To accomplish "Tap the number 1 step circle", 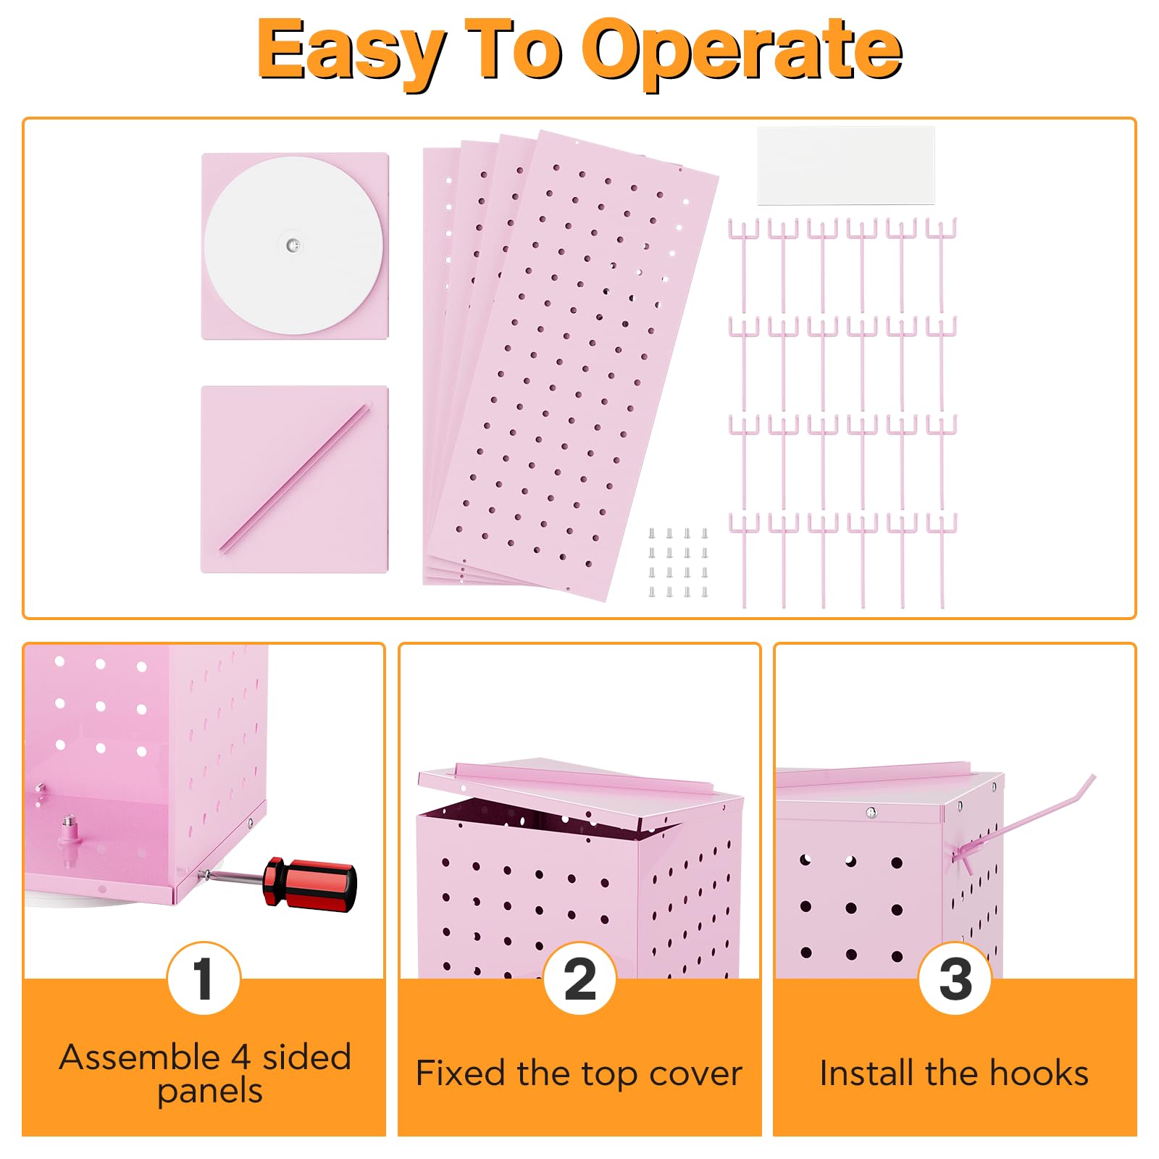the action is point(204,979).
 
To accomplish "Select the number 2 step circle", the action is point(579,979).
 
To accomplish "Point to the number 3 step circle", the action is point(955,979).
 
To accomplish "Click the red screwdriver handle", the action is point(310,884).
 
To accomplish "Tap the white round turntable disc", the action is point(293,246).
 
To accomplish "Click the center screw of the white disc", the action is point(293,246).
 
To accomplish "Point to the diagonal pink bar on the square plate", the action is point(295,477).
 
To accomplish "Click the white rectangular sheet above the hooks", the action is point(846,166).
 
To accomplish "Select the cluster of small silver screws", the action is point(678,563).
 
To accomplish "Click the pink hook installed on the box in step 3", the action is point(1023,822).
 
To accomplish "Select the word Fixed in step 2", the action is point(460,1073).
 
